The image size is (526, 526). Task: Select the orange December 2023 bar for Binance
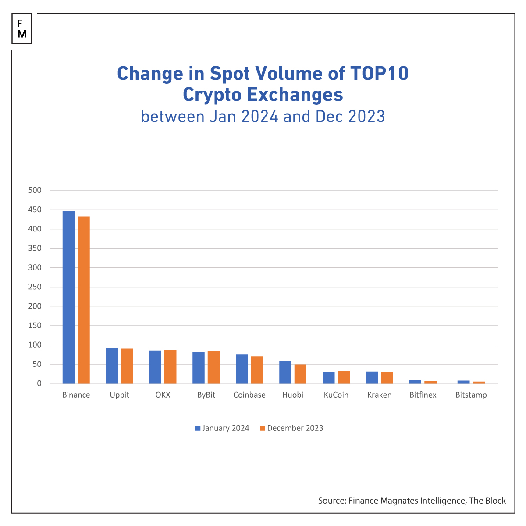click(84, 300)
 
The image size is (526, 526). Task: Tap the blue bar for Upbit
click(112, 366)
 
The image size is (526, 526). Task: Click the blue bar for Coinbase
click(242, 369)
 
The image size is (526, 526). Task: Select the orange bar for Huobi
click(300, 374)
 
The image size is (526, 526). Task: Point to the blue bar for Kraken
click(372, 377)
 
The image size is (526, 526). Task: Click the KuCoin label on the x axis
click(336, 395)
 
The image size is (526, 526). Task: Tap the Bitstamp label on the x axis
click(471, 395)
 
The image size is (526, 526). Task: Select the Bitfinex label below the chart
click(423, 395)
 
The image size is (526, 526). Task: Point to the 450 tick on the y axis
click(35, 210)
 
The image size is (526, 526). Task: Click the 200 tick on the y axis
click(35, 306)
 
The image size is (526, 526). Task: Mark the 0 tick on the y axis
click(39, 384)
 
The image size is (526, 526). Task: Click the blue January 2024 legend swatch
click(198, 428)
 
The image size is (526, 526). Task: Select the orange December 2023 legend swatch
click(263, 428)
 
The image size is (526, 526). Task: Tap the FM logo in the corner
click(22, 29)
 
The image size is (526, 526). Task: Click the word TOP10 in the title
click(379, 74)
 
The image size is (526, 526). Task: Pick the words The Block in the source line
click(487, 501)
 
